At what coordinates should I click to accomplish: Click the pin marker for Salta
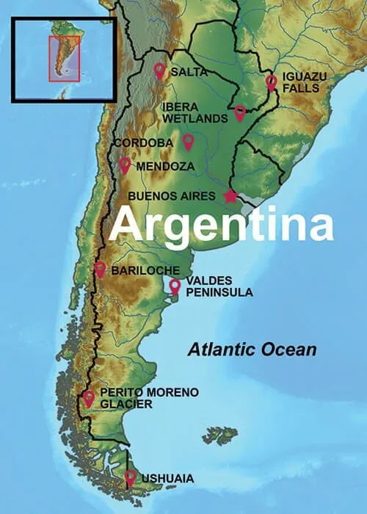(x=159, y=70)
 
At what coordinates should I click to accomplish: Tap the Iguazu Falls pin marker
(x=271, y=82)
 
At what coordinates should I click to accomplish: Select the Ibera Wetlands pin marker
(x=240, y=112)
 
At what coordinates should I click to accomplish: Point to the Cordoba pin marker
(x=188, y=141)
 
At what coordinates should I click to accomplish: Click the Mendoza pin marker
(x=125, y=164)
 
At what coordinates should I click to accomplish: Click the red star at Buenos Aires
(x=230, y=196)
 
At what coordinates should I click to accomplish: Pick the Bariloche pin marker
(x=101, y=269)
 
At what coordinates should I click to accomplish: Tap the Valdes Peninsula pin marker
(x=175, y=286)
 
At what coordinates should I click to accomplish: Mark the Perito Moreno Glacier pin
(x=89, y=398)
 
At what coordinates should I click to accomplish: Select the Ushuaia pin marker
(x=131, y=477)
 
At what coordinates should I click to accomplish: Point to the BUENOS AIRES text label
(x=172, y=196)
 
